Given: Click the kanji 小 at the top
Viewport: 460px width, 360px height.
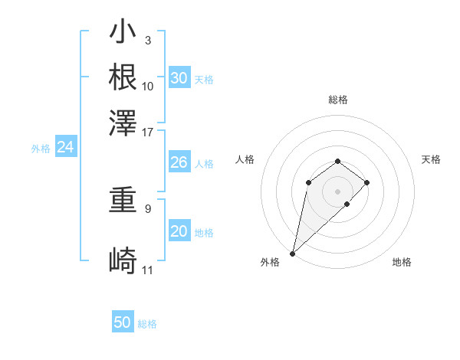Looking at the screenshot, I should [123, 34].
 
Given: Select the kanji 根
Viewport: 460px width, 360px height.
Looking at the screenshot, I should [123, 77].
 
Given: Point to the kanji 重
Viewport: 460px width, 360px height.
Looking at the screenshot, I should [123, 203].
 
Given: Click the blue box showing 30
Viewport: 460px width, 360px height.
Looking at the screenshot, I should [179, 78].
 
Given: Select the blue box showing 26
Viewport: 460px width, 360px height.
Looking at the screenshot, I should [179, 162].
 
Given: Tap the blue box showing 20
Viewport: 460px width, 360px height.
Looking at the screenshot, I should [179, 231].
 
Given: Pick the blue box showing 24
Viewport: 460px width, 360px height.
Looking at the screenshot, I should [66, 148].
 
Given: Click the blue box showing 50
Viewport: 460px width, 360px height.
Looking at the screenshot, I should [123, 323].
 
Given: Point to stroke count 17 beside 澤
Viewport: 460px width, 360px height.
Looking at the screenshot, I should [148, 131].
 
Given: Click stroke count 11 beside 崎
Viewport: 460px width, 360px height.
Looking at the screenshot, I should [148, 270].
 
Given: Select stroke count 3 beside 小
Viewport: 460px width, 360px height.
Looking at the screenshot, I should [147, 39].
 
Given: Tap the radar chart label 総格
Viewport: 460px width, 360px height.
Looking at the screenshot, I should [338, 100].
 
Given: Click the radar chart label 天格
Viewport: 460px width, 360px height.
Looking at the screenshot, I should [432, 159].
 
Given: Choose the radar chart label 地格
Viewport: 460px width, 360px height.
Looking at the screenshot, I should [402, 263].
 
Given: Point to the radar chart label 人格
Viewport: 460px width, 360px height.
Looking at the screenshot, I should [245, 159].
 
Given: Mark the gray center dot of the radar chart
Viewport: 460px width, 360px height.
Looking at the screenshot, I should [338, 191].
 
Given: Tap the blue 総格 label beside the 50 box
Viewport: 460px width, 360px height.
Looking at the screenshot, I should [147, 324].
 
